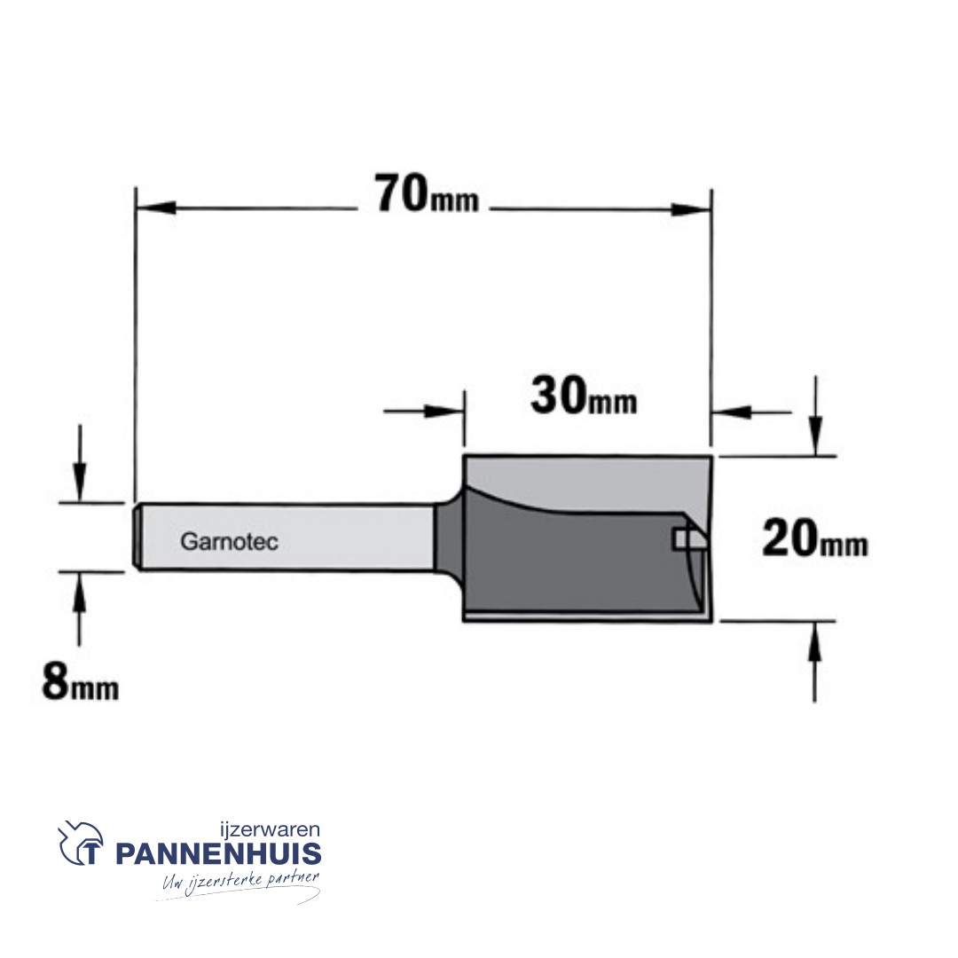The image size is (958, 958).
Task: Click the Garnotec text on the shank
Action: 229,541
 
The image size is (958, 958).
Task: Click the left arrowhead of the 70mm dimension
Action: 153,209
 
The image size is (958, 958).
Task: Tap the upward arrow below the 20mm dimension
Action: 815,646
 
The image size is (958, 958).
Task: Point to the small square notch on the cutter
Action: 682,537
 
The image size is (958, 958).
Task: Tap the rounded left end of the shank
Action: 139,538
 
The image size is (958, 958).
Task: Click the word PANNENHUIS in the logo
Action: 218,854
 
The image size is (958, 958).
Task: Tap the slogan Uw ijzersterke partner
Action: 238,883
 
